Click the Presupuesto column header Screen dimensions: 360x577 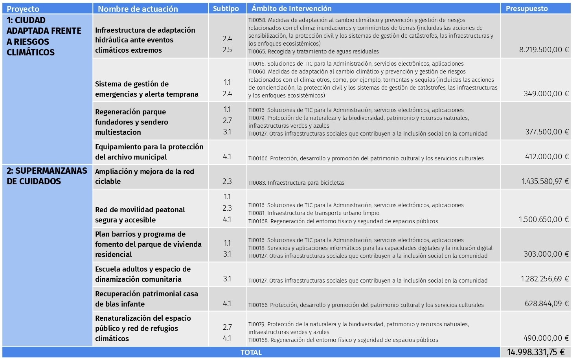tap(526, 9)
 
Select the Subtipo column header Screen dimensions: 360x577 tap(226, 9)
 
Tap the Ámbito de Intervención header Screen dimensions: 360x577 tap(291, 9)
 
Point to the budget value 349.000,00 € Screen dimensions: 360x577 tap(546, 94)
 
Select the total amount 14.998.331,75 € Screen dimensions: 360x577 tap(535, 353)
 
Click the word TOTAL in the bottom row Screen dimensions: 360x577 tap(251, 353)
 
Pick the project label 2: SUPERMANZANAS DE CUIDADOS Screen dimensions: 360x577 tap(46, 176)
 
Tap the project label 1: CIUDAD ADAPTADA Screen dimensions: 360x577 tap(44, 36)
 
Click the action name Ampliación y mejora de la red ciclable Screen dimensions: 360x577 tap(144, 176)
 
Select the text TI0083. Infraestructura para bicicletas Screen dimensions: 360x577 tap(296, 183)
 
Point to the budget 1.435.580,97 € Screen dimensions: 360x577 tap(545, 182)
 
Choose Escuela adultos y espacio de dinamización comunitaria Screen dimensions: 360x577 tap(143, 274)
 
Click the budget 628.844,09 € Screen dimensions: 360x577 tap(546, 304)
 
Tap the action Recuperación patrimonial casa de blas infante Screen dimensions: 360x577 tap(146, 299)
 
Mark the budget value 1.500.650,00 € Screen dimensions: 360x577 tap(544, 220)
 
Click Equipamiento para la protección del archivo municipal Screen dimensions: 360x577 tap(149, 152)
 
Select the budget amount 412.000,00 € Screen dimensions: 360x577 tap(547, 157)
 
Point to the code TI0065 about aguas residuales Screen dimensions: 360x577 tap(313, 51)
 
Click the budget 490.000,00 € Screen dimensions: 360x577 tap(546, 338)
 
